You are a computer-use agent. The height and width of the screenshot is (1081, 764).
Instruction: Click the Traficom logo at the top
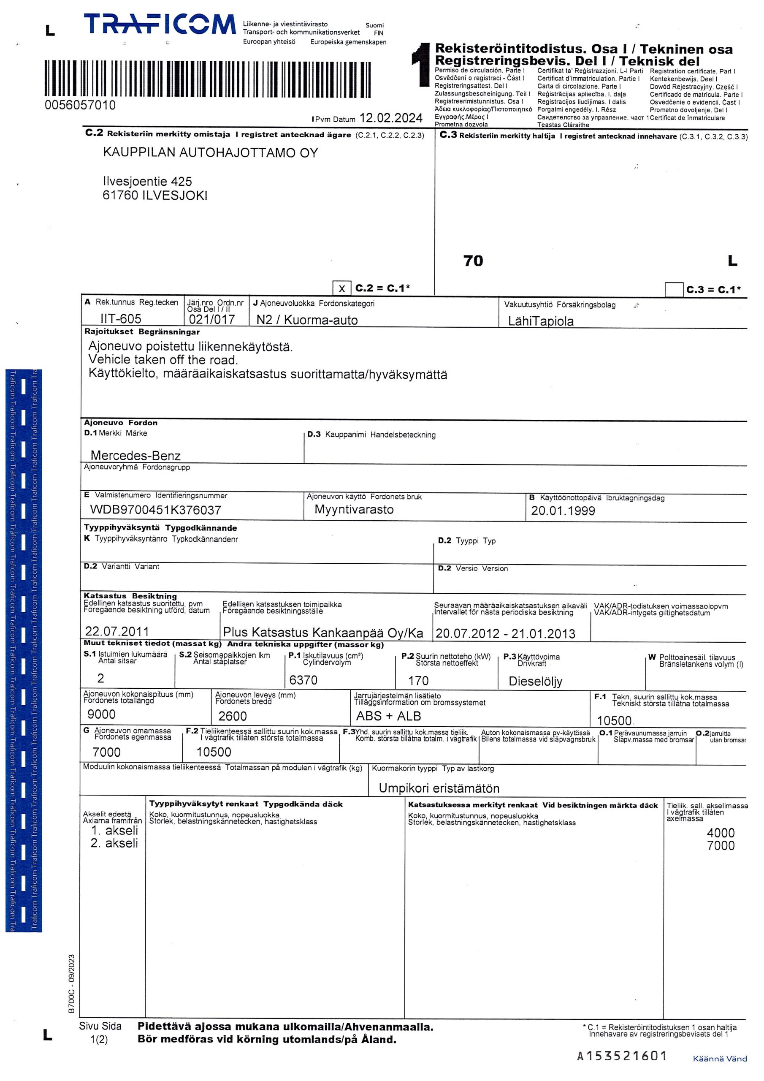pyautogui.click(x=160, y=24)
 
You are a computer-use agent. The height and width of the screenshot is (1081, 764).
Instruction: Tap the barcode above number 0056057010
pyautogui.click(x=208, y=79)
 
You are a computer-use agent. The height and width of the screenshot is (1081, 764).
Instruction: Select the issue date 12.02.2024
pyautogui.click(x=391, y=118)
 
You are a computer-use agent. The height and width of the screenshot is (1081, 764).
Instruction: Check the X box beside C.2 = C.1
pyautogui.click(x=341, y=288)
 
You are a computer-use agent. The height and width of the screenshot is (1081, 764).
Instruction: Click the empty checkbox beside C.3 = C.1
pyautogui.click(x=674, y=290)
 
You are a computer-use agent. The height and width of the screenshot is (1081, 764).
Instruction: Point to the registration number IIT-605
pyautogui.click(x=121, y=319)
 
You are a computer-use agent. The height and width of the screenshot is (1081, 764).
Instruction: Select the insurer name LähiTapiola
pyautogui.click(x=541, y=321)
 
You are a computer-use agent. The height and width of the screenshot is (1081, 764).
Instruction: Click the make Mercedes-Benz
pyautogui.click(x=135, y=455)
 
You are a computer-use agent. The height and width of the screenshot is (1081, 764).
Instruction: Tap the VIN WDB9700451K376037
pyautogui.click(x=155, y=510)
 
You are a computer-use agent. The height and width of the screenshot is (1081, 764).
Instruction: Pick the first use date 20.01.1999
pyautogui.click(x=563, y=511)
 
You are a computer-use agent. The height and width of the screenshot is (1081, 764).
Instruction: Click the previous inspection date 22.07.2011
pyautogui.click(x=117, y=631)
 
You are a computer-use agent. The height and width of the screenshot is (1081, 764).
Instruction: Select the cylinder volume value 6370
pyautogui.click(x=303, y=680)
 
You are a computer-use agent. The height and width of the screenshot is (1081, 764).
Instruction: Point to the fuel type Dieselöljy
pyautogui.click(x=535, y=681)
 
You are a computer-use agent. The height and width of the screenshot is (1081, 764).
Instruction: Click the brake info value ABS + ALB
pyautogui.click(x=388, y=716)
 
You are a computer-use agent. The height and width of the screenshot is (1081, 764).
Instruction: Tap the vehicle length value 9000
pyautogui.click(x=101, y=714)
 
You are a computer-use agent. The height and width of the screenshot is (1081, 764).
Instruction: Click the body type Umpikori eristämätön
pyautogui.click(x=439, y=788)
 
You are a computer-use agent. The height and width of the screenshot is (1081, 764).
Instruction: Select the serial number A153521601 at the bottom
pyautogui.click(x=622, y=1056)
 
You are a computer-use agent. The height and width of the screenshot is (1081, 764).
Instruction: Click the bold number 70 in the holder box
pyautogui.click(x=473, y=261)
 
